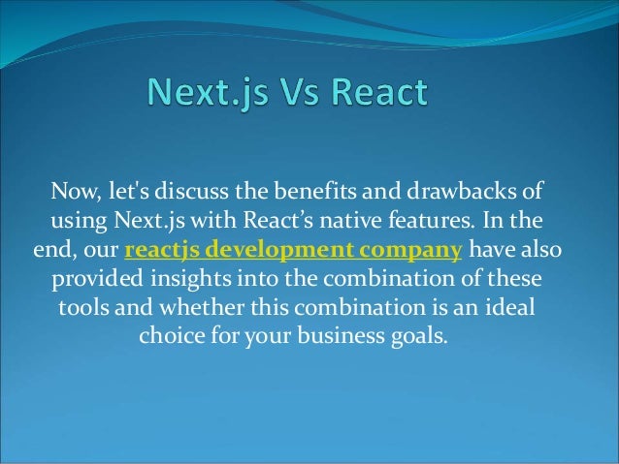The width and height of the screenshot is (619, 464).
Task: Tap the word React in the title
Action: (375, 95)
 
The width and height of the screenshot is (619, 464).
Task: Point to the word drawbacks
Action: (471, 187)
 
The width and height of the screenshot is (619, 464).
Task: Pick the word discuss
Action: (203, 187)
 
